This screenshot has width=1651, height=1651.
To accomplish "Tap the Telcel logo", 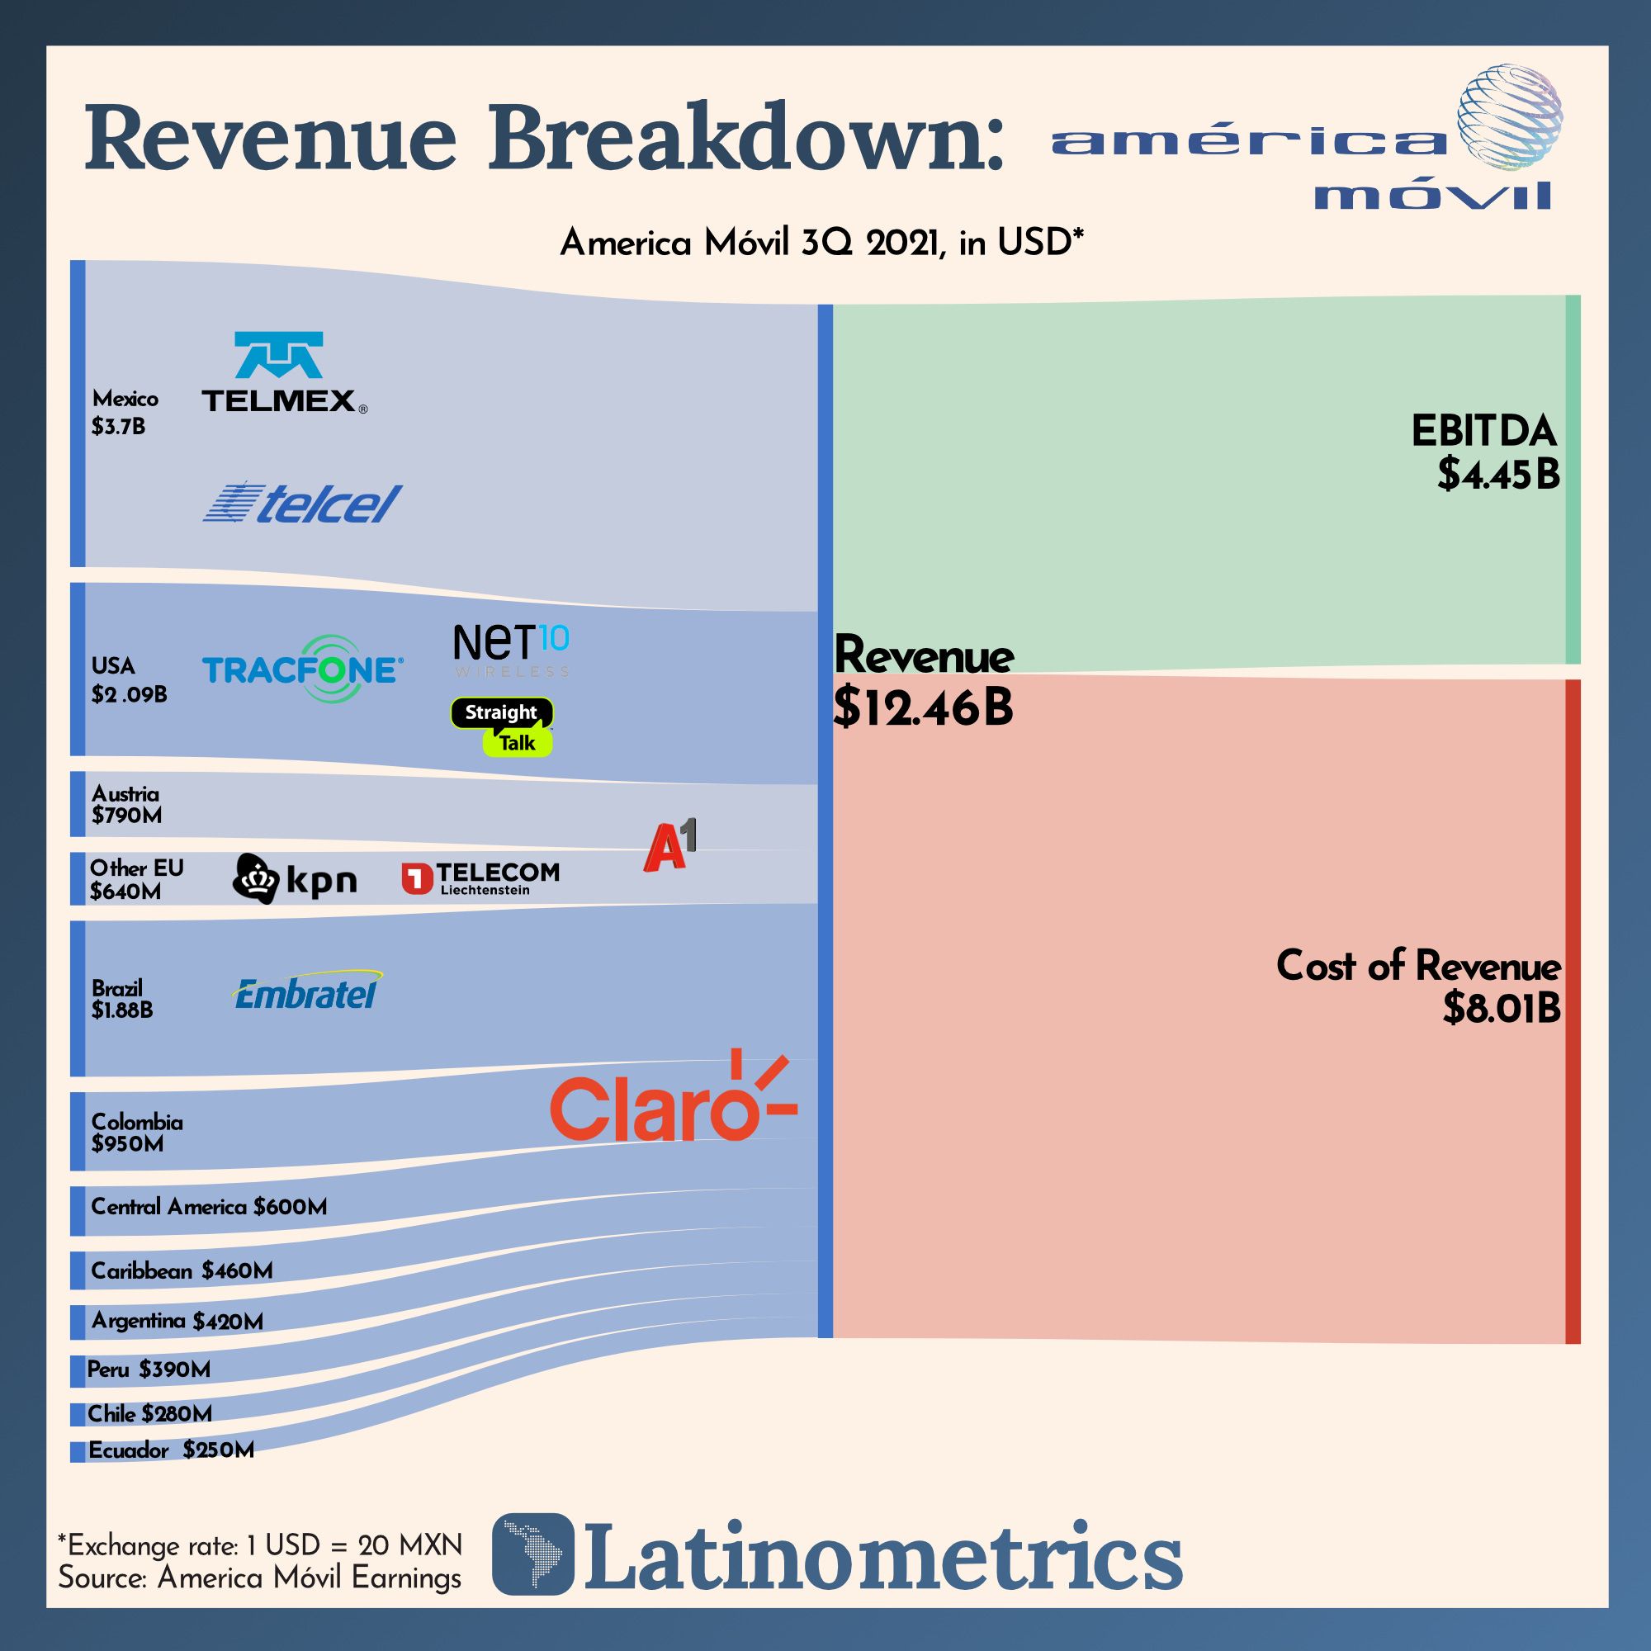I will pyautogui.click(x=301, y=504).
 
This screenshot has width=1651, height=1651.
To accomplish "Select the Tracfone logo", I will pyautogui.click(x=302, y=669).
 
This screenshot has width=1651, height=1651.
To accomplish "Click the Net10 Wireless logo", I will pyautogui.click(x=511, y=650).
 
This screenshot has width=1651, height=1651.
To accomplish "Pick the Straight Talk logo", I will pyautogui.click(x=503, y=727).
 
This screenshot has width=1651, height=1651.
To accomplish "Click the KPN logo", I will pyautogui.click(x=295, y=878).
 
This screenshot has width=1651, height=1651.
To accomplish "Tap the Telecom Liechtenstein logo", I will pyautogui.click(x=480, y=878).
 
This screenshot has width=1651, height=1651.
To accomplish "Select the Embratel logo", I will pyautogui.click(x=307, y=991).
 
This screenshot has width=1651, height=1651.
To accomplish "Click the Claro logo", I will pyautogui.click(x=673, y=1101).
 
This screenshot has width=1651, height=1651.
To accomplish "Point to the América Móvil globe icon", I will pyautogui.click(x=1509, y=117).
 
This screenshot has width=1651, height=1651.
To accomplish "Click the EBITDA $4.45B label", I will pyautogui.click(x=1485, y=452).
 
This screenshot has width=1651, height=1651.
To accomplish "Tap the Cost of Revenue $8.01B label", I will pyautogui.click(x=1418, y=986).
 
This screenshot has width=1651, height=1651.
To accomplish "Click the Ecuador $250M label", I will pyautogui.click(x=171, y=1450).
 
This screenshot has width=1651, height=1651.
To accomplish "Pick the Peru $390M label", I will pyautogui.click(x=149, y=1370).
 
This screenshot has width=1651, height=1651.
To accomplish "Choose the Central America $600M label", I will pyautogui.click(x=209, y=1207).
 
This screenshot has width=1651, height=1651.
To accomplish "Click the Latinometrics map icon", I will pyautogui.click(x=533, y=1554).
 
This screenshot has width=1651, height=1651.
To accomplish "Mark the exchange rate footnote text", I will pyautogui.click(x=260, y=1545).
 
